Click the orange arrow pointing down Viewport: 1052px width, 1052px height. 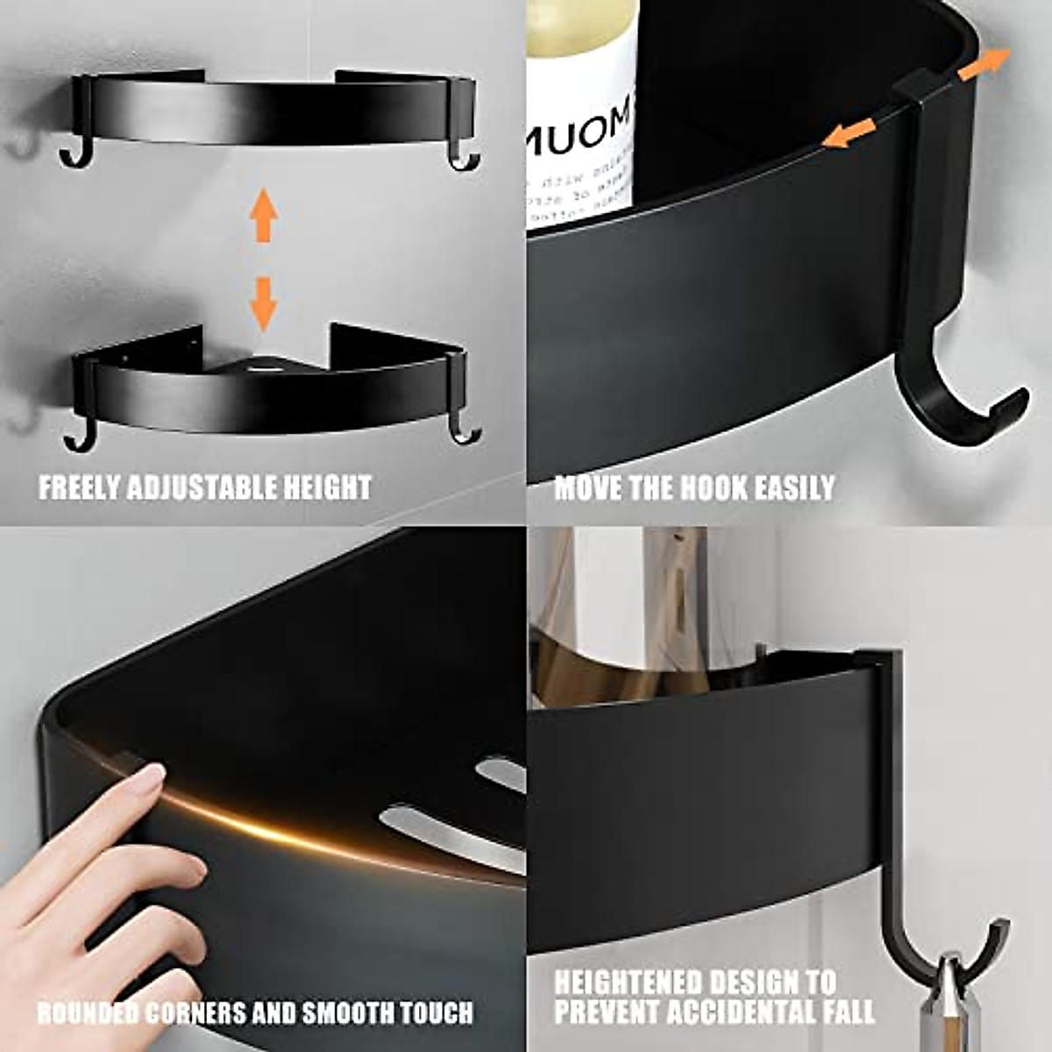(x=263, y=302)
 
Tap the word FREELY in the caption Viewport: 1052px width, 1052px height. (x=82, y=487)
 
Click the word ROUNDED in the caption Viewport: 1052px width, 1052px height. (x=87, y=1013)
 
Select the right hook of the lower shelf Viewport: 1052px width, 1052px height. (x=463, y=431)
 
